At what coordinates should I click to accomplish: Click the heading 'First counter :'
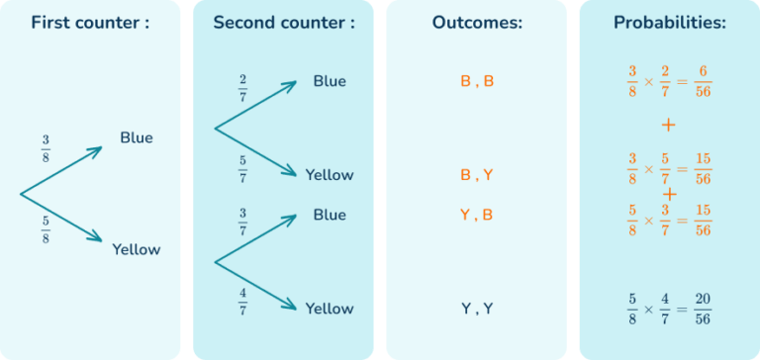tap(90, 22)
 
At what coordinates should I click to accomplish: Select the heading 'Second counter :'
tap(283, 22)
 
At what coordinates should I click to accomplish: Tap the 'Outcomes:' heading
tap(476, 22)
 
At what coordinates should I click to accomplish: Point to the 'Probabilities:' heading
tap(669, 22)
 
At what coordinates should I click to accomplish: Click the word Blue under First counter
tap(137, 137)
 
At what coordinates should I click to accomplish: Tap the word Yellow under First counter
tap(136, 249)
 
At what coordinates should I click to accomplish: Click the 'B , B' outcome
tap(476, 82)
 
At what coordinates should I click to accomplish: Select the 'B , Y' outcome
tap(476, 175)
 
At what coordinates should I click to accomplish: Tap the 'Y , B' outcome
tap(476, 215)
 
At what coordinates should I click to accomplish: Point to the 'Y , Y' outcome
tap(476, 309)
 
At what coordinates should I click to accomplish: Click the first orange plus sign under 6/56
tap(669, 126)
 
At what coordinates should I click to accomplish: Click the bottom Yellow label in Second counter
tap(329, 309)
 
